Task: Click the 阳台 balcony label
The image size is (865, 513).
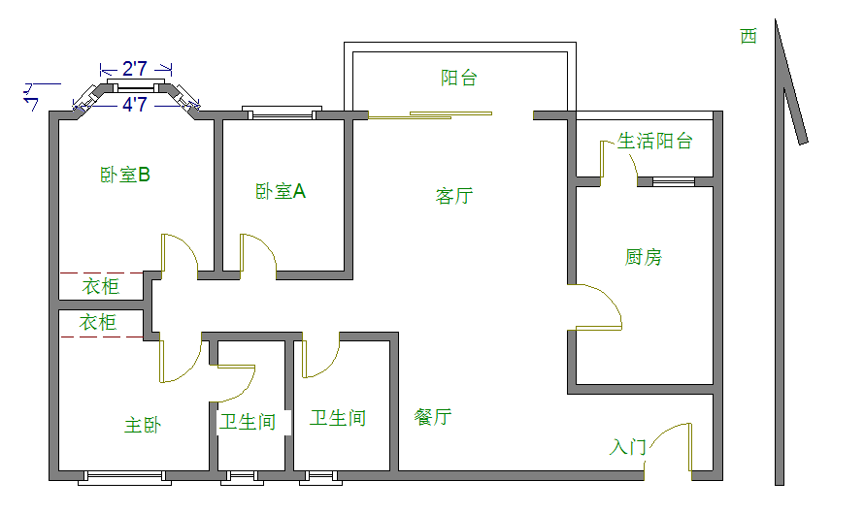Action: click(x=459, y=79)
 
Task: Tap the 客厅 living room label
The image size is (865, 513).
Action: click(x=453, y=196)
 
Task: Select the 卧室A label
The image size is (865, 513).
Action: click(x=281, y=192)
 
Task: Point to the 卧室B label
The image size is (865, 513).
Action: click(x=124, y=176)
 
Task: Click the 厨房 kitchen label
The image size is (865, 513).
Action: click(x=644, y=257)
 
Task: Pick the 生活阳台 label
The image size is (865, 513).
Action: click(x=655, y=142)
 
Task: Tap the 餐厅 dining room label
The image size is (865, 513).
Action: click(x=433, y=417)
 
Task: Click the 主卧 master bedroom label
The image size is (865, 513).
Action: click(x=142, y=425)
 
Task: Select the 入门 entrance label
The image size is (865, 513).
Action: click(x=627, y=447)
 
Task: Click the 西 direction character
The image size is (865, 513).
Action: click(x=749, y=37)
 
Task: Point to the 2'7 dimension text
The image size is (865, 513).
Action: click(x=135, y=70)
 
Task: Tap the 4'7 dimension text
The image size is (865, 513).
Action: click(x=135, y=105)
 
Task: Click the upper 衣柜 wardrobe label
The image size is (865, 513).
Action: click(x=100, y=286)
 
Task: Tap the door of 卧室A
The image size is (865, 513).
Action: click(x=257, y=254)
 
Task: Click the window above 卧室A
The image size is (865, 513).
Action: click(x=281, y=115)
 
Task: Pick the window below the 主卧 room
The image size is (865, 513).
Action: click(x=124, y=476)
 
